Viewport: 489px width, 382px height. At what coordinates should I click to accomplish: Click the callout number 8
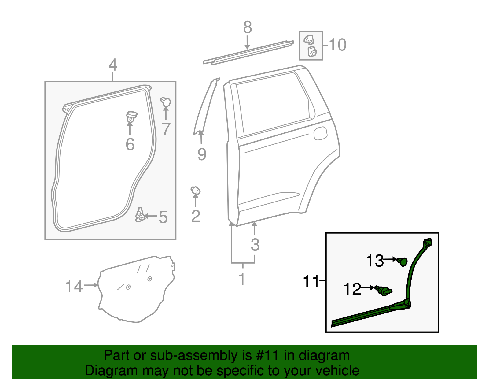pos(248,28)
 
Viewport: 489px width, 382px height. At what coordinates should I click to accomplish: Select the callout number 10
pos(337,45)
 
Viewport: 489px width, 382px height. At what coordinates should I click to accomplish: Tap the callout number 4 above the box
pos(113,65)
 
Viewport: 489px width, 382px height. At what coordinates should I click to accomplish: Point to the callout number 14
pos(74,287)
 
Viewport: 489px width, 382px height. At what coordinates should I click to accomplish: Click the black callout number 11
pos(311,281)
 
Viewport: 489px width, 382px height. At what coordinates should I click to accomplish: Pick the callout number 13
pos(375,261)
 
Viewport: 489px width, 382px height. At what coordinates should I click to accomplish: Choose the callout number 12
pos(352,289)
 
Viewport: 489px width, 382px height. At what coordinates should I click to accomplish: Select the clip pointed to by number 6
pos(131,117)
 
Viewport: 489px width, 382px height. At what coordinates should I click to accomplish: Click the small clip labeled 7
pos(166,102)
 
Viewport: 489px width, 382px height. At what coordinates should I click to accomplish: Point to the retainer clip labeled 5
pos(140,215)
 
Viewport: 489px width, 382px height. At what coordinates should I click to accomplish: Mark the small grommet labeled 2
pos(195,191)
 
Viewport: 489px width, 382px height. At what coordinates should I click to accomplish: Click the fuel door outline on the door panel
pos(320,133)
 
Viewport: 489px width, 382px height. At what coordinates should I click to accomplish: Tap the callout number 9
pos(202,154)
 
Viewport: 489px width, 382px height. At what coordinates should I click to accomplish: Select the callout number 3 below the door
pos(255,245)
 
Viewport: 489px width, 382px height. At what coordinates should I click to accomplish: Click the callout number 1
pos(242,279)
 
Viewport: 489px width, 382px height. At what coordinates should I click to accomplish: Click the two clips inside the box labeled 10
pos(311,46)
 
